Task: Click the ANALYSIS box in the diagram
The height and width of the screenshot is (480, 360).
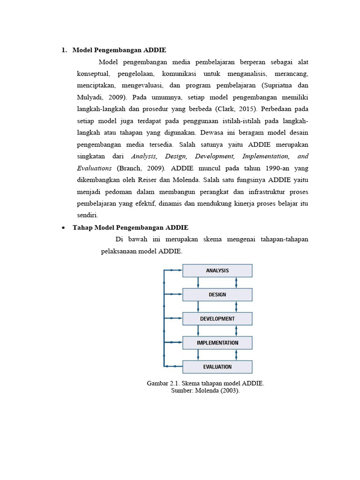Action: point(217,270)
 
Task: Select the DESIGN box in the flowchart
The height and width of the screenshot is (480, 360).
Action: point(217,294)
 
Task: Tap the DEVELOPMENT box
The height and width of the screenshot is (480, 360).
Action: point(217,319)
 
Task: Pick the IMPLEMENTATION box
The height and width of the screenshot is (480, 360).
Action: point(217,343)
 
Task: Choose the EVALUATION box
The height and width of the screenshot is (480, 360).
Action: point(217,367)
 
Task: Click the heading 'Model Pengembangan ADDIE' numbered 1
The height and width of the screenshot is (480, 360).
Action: point(119,50)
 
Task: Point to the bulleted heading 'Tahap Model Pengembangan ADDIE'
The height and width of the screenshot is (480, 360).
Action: point(130,228)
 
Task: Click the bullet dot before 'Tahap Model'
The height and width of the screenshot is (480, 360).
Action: point(63,228)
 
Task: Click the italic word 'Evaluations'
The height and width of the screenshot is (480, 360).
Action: point(94,168)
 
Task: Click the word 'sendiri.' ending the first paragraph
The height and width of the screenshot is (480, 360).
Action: point(88,216)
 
